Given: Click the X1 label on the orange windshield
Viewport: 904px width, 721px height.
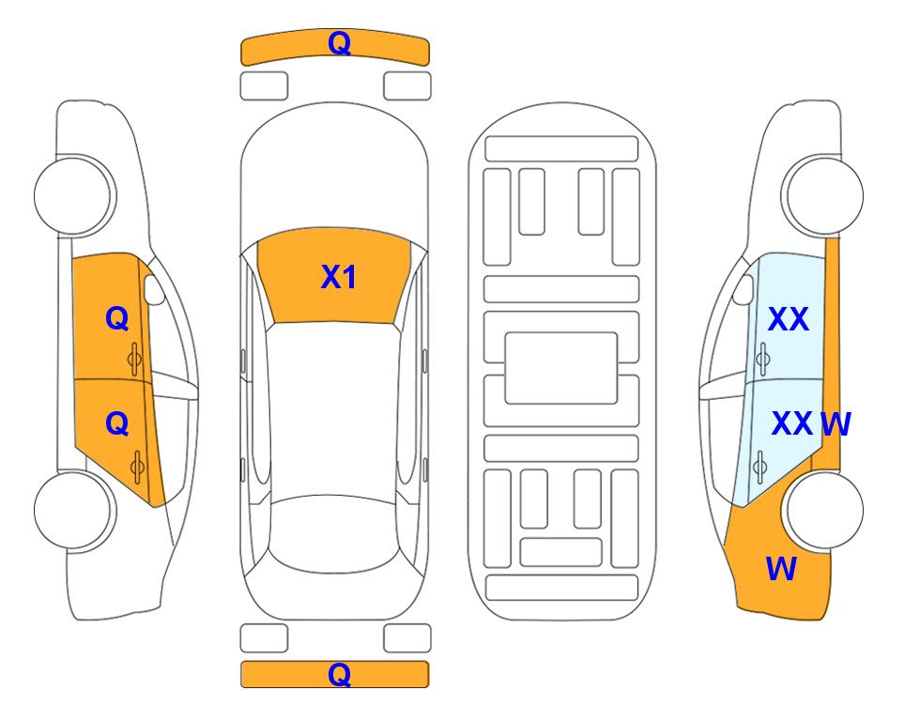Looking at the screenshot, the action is [339, 277].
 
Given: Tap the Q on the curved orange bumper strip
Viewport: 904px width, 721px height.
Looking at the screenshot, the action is [339, 43].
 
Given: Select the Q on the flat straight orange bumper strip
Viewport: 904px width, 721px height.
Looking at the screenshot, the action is [339, 674].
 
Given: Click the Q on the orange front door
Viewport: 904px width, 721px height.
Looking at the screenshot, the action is [116, 318].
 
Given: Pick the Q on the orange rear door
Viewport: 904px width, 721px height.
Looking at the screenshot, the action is [116, 424].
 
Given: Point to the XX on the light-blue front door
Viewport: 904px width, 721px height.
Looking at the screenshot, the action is [789, 319].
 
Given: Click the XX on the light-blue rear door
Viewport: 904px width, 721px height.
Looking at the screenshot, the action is [792, 423].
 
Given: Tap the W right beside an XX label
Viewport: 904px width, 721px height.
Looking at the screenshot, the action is [835, 423].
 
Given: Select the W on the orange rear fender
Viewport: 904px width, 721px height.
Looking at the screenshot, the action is [781, 568].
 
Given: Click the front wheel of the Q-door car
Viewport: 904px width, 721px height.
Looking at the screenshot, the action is [74, 195].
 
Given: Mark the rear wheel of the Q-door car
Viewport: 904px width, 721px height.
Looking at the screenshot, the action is [74, 511].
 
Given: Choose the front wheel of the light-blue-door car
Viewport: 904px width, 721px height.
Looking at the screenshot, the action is [822, 195].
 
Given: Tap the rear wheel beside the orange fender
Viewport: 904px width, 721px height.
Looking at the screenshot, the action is [822, 511].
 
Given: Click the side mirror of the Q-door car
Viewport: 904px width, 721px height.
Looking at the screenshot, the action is [153, 289].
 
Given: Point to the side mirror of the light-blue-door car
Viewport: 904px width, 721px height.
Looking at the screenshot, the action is [743, 289].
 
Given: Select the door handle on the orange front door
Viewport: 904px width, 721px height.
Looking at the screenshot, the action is [135, 359].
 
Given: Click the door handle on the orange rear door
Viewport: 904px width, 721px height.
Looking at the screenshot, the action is [137, 468].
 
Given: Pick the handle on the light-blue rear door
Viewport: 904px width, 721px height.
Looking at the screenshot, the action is [759, 468].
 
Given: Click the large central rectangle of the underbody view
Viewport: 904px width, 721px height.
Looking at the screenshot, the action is [561, 368].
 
